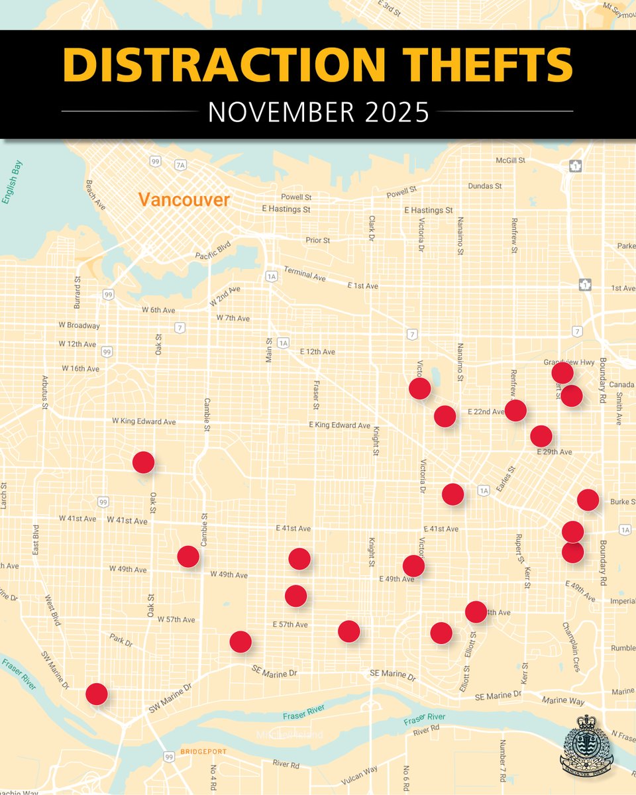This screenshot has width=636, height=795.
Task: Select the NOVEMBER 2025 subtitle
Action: pos(318,112)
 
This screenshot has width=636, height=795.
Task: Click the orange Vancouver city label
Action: pos(184,199)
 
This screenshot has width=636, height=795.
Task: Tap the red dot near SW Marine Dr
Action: pos(97,694)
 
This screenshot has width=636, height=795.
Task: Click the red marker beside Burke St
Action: pos(588,500)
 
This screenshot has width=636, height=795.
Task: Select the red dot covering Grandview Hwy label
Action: pos(562,372)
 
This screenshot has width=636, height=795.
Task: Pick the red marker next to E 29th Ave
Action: pos(541,436)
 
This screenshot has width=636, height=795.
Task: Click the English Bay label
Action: pos(13,182)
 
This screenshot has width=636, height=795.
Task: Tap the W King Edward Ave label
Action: pos(143,421)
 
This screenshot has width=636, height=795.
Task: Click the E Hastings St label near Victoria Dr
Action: pos(433,210)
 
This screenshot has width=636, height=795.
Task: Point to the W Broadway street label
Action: pos(79,325)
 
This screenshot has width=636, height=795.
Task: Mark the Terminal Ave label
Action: pos(305,273)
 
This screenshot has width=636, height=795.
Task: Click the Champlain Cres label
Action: pos(570,647)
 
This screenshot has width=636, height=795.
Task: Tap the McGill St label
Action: pos(510,160)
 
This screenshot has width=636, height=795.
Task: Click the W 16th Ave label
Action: pos(81,368)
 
